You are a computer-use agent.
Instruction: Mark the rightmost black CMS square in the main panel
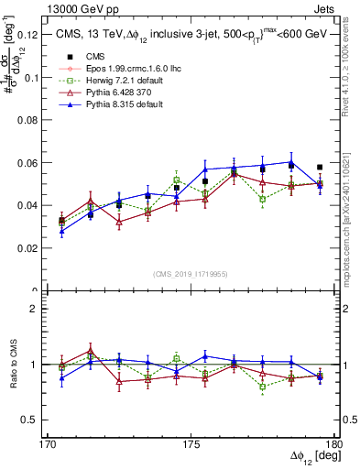[320, 168]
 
